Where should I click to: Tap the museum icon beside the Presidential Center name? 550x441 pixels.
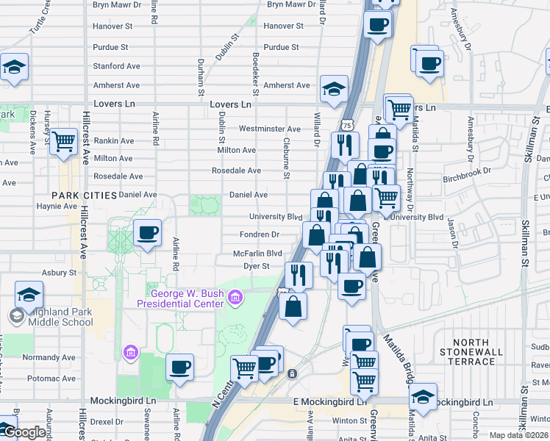[x=235, y=297]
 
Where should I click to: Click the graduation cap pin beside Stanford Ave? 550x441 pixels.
[x=14, y=67]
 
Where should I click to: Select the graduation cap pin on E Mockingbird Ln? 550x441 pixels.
[x=423, y=396]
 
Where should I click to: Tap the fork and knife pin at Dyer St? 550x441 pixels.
[x=299, y=275]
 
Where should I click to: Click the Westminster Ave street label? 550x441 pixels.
[x=270, y=129]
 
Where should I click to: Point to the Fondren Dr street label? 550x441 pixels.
[x=260, y=235]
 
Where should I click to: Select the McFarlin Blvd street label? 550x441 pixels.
[x=257, y=254]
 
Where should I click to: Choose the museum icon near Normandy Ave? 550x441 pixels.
[x=131, y=353]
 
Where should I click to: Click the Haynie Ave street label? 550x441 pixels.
[x=57, y=207]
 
